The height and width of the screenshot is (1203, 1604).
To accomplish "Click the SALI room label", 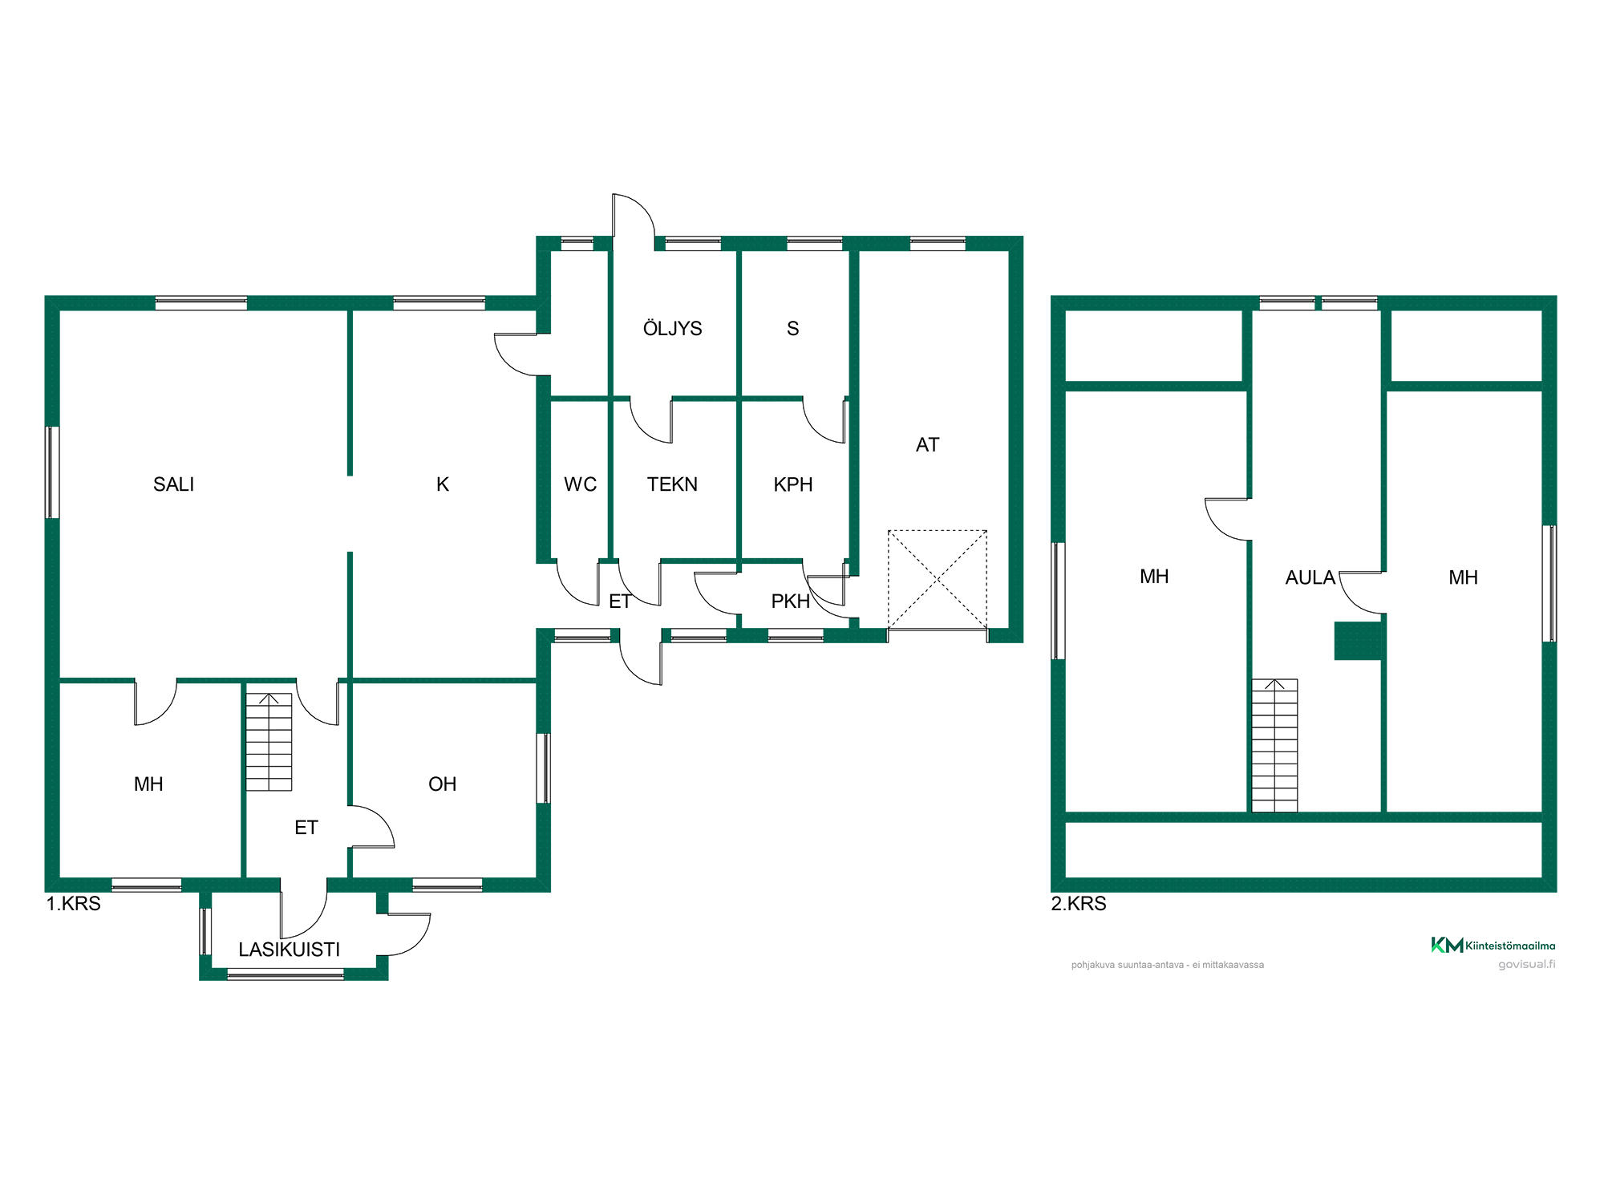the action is click(173, 484).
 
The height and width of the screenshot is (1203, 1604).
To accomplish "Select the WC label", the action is click(580, 484).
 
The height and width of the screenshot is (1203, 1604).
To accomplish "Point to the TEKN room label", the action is click(672, 484).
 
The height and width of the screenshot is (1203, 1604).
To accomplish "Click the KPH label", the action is click(793, 484).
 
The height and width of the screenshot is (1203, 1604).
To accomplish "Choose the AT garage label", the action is click(927, 445).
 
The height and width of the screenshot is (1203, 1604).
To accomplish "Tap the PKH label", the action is click(790, 601).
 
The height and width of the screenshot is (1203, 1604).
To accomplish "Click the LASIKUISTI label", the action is click(290, 950).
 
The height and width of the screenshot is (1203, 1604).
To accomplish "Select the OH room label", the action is click(442, 784).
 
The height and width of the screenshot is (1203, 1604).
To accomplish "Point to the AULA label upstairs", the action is click(1310, 577).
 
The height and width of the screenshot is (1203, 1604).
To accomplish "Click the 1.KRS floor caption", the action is click(74, 904).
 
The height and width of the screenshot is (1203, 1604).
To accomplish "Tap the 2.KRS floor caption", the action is click(1079, 904).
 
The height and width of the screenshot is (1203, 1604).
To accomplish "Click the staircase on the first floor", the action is click(269, 742).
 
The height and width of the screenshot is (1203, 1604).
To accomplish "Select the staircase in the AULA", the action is click(1274, 746).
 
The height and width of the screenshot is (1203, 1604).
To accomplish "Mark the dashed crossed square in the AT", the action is click(938, 579).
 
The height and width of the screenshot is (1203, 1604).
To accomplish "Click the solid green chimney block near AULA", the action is click(1358, 641).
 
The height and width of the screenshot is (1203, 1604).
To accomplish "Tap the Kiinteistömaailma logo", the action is click(1493, 945).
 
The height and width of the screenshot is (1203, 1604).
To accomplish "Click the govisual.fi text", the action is click(1527, 964).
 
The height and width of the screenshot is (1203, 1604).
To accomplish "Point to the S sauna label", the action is click(793, 328).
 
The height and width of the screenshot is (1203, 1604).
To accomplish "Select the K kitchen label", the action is click(443, 484).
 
